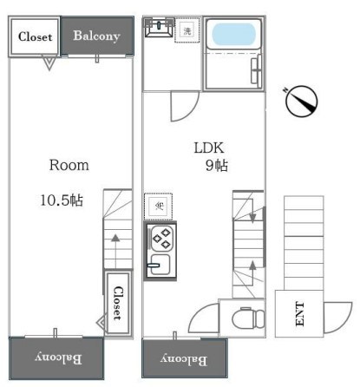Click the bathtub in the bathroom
click(x=233, y=36)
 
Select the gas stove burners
click(x=161, y=239)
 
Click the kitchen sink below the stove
click(x=159, y=263)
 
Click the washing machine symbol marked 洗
click(x=187, y=31)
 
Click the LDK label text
click(x=207, y=148)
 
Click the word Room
click(x=69, y=164)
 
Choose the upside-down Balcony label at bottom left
click(x=57, y=357)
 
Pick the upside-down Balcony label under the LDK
click(x=183, y=358)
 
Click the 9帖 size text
click(x=216, y=166)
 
